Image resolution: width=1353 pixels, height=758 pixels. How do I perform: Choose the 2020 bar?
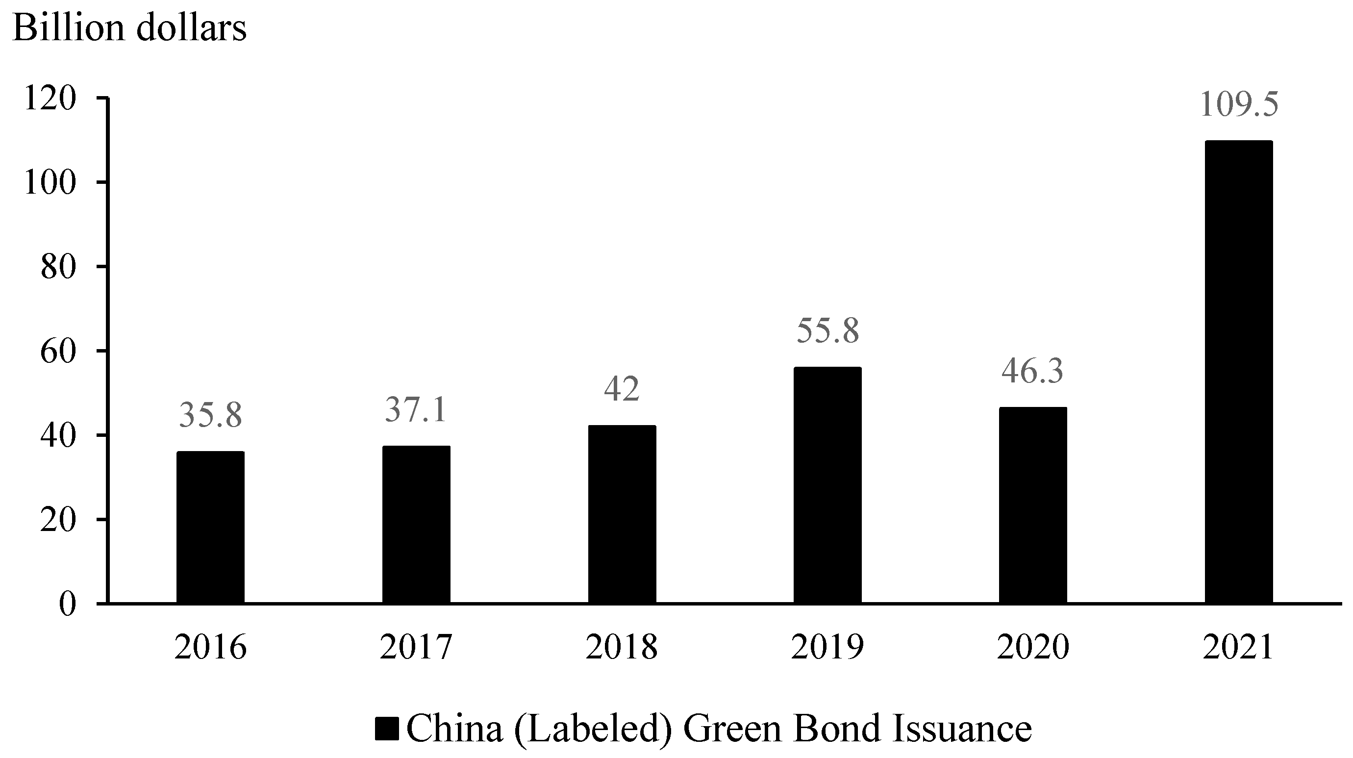pos(1032,505)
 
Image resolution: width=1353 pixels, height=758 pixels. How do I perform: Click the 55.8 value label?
pos(828,330)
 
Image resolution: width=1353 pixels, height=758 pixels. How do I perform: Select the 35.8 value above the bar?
pos(210,414)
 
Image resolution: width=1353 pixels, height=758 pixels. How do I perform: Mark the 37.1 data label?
pos(416,410)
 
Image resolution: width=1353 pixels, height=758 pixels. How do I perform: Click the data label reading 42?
pos(622,389)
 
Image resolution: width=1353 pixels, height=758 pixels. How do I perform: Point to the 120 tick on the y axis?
pos(50,98)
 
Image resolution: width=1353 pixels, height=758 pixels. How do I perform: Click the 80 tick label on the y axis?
pos(58,267)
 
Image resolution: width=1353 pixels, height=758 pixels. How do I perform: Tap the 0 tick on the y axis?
pos(67,605)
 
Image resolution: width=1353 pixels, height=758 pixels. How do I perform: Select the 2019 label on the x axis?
pos(827,647)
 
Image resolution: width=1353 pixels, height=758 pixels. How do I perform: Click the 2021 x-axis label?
pos(1238,647)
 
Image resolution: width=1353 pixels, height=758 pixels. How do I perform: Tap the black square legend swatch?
pos(388,730)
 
